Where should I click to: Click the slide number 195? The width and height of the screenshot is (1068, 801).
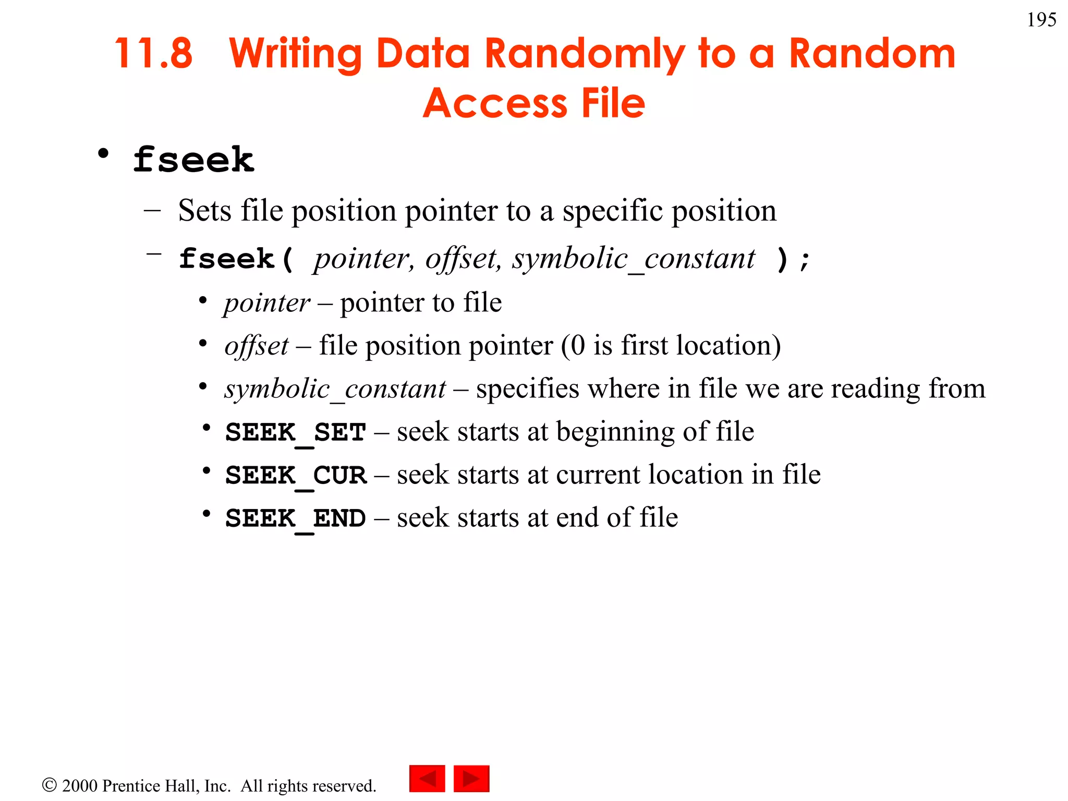click(1041, 20)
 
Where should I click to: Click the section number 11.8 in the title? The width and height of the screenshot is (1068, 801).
click(153, 53)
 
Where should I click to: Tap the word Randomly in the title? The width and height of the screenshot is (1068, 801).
click(584, 54)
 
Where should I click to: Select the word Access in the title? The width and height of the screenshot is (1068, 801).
click(495, 103)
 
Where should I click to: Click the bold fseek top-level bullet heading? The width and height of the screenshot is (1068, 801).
click(193, 160)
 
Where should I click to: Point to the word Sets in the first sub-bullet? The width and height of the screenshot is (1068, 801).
click(204, 211)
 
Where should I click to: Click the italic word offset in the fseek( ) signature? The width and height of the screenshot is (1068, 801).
click(462, 259)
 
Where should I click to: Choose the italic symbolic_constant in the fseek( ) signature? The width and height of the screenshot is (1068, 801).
click(633, 259)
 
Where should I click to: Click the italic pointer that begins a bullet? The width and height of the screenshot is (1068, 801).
click(267, 303)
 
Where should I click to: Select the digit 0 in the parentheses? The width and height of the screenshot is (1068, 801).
click(577, 346)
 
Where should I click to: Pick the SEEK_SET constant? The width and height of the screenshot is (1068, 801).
click(296, 432)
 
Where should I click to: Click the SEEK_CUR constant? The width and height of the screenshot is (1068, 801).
click(296, 475)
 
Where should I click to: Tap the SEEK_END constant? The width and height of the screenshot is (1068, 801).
click(296, 518)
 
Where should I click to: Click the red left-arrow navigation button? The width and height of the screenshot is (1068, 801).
click(427, 779)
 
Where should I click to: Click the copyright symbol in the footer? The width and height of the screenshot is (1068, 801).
click(49, 785)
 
